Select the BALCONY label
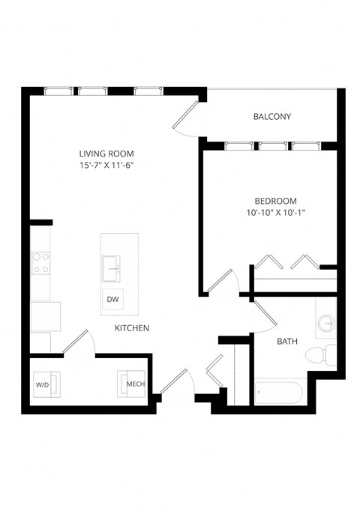point(271,117)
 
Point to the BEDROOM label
point(275,201)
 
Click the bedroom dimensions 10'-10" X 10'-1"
point(275,213)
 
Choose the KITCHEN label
point(131,328)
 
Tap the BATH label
point(287,342)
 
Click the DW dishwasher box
point(113,300)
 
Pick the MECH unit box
point(133,384)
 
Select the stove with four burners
point(40,263)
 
